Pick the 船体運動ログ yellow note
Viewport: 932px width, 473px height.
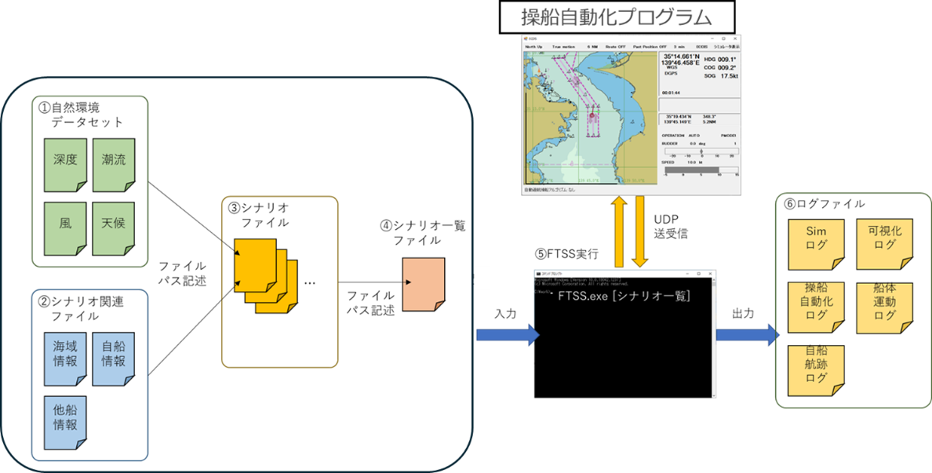pos(884,307)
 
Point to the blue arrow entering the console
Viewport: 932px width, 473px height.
pos(507,336)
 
